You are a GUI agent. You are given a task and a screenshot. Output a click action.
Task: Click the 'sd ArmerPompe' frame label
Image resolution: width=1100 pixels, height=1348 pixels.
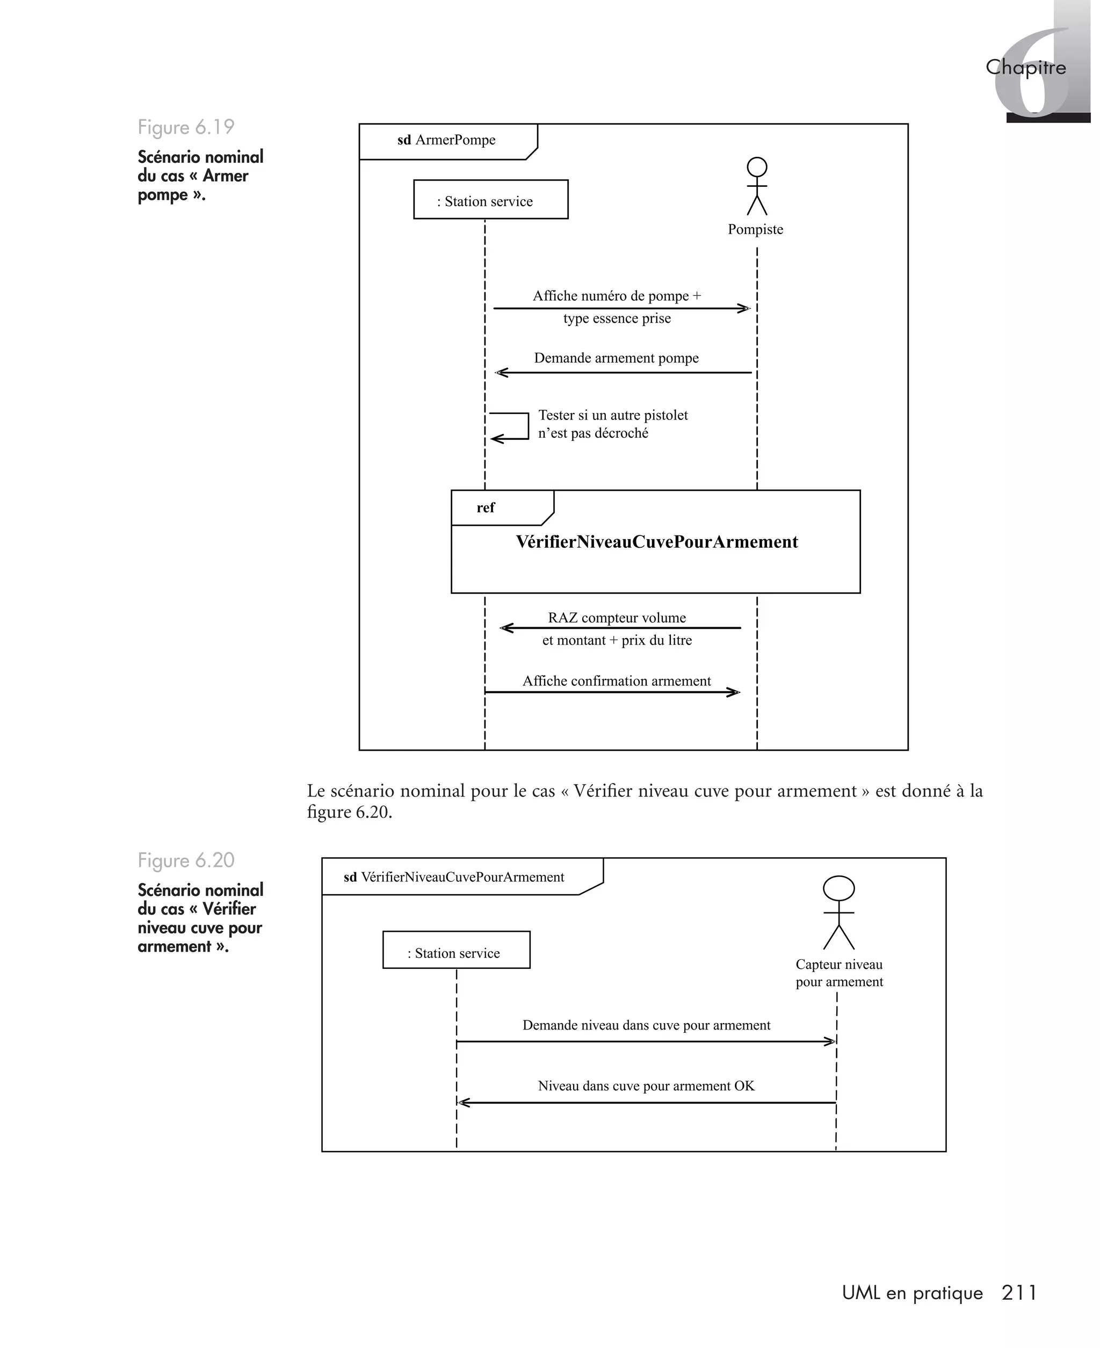[447, 140]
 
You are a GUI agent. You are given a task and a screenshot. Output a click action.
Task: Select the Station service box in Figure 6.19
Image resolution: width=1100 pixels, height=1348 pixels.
[490, 200]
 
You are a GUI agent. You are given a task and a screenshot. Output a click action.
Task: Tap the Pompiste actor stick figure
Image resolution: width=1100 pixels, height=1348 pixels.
[757, 186]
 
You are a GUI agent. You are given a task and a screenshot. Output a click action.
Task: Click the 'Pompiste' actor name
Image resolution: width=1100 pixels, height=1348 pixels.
[755, 229]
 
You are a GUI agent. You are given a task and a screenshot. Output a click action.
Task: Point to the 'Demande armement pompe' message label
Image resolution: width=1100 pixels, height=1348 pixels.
[616, 358]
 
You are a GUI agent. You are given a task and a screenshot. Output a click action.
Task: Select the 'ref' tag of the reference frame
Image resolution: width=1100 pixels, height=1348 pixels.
[486, 508]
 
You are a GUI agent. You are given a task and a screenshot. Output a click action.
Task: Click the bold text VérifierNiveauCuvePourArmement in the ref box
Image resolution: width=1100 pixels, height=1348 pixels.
[656, 542]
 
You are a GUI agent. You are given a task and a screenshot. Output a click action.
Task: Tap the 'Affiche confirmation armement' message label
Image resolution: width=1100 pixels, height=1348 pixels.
[617, 681]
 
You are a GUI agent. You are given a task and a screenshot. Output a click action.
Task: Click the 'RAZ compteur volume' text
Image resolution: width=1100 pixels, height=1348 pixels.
[617, 618]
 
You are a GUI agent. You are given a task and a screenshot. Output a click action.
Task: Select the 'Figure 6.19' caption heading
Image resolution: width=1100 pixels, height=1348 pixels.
[186, 127]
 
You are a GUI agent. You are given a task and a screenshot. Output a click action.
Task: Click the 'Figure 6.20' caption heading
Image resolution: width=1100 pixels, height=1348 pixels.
[186, 860]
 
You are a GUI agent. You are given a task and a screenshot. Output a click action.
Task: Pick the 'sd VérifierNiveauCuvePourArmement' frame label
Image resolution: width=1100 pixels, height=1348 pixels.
[454, 878]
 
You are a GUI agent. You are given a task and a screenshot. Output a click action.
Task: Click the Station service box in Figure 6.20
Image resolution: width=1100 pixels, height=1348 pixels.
[456, 950]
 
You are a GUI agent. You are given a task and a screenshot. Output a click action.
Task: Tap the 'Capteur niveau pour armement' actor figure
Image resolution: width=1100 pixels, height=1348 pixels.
[838, 913]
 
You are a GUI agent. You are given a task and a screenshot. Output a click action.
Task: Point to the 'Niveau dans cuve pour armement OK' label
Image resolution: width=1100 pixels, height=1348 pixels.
[646, 1086]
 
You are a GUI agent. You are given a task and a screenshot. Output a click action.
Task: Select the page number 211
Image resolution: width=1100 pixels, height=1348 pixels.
[1019, 1293]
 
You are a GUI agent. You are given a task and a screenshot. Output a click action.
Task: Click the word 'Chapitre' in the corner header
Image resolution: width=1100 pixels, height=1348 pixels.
[1025, 67]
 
